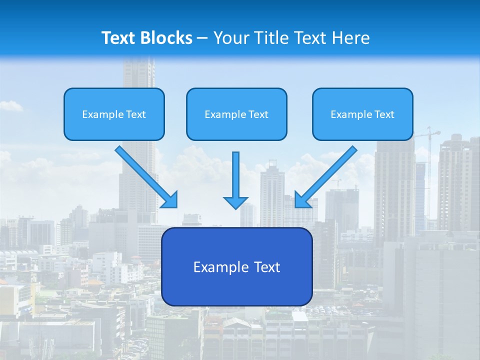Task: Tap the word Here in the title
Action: [351, 38]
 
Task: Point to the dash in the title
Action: [202, 38]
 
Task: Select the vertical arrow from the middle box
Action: [235, 175]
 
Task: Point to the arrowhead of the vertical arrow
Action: [235, 202]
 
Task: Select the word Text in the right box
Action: [384, 114]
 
